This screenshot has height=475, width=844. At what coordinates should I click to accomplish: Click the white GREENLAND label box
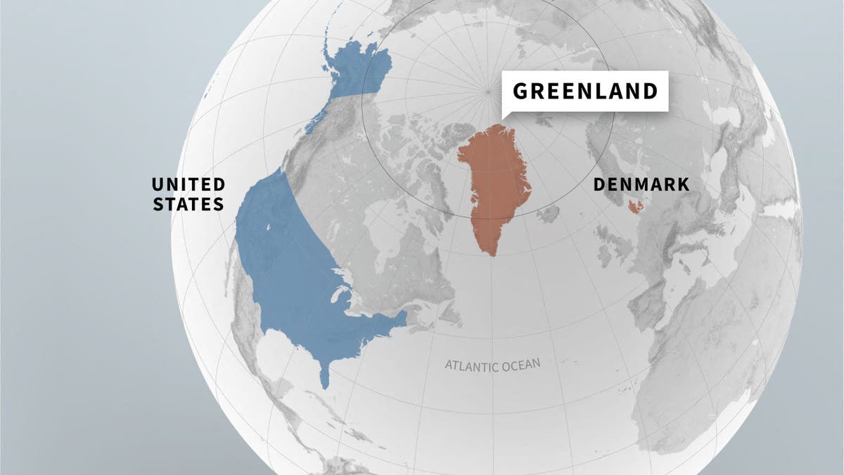(585, 91)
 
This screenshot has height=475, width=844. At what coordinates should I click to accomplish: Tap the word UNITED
(188, 184)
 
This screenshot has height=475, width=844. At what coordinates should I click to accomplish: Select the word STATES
(188, 205)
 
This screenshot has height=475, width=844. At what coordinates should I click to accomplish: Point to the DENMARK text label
(641, 184)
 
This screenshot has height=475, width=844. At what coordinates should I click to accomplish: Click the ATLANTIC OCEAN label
(492, 365)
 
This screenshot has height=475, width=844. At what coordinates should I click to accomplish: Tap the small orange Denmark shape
(636, 206)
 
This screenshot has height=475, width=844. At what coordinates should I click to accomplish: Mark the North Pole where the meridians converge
(487, 91)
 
